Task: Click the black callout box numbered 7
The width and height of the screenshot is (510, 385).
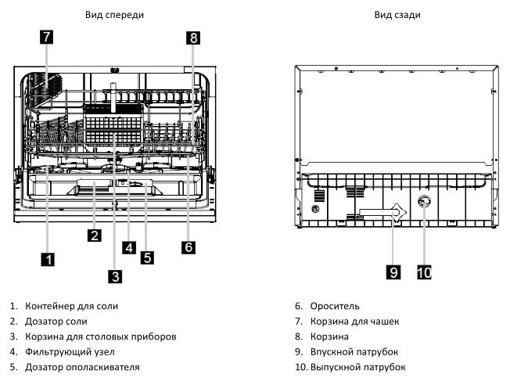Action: pos(47,37)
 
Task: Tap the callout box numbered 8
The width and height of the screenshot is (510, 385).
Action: pos(193,38)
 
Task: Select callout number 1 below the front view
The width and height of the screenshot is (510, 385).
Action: pos(48,259)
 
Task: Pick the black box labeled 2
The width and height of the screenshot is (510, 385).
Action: pos(95,235)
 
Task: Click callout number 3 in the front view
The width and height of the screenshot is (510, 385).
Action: pos(116,277)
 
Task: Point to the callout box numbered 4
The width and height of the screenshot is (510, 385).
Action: pos(129,247)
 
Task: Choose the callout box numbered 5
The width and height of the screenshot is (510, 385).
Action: pos(147,257)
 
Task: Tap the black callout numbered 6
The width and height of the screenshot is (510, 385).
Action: pos(189,247)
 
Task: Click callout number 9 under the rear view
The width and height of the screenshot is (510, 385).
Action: pos(393,272)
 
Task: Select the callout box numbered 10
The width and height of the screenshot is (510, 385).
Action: pos(424,272)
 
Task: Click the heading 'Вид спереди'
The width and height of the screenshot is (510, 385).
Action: pos(114,15)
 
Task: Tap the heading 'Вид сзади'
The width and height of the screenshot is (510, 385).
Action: pos(397,15)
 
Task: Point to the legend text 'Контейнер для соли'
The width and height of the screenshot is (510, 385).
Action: pos(71,306)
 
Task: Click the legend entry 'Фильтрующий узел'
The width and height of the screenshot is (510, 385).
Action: pos(70,352)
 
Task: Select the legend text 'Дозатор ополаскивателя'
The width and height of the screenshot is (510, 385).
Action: pos(82,367)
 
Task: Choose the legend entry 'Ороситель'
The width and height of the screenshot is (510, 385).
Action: pos(335,306)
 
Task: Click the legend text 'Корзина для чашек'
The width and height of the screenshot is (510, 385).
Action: pos(354,322)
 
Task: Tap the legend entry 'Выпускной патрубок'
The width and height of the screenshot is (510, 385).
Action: pos(357,367)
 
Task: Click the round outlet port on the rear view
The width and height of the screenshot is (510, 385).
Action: pos(424,202)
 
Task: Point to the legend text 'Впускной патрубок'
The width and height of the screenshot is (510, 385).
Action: pos(354,352)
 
